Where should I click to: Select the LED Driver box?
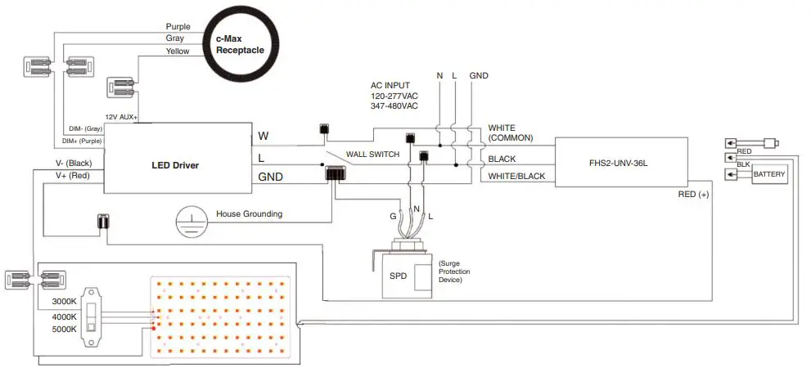coord(175,165)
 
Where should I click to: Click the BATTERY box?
coord(769,175)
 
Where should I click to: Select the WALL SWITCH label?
coord(372,154)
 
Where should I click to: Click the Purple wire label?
coord(178,26)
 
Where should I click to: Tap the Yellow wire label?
coord(178,51)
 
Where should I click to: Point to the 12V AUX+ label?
coord(121,118)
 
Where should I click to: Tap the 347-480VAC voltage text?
coord(394,106)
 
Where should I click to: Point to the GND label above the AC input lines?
coord(479,76)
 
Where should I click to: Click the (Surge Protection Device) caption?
coord(454,272)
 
